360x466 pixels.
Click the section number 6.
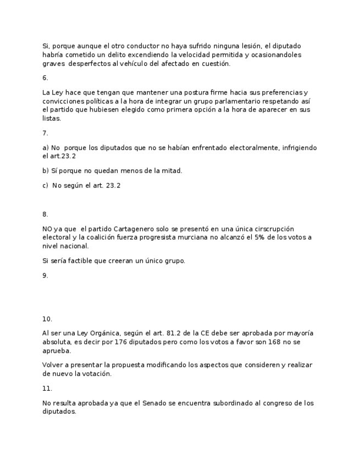(x=45, y=78)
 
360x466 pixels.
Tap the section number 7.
(x=45, y=133)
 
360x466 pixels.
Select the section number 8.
(x=45, y=214)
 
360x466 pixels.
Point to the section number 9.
(x=45, y=276)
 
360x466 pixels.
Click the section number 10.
(x=47, y=319)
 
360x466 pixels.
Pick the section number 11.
(x=47, y=389)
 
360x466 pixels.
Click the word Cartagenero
(x=130, y=229)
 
